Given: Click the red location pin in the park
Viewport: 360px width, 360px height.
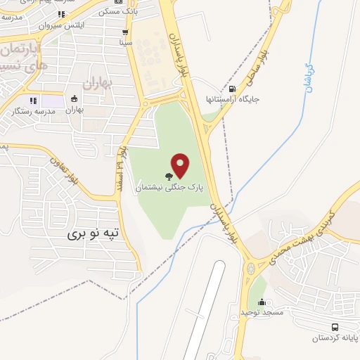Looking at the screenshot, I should click(181, 165).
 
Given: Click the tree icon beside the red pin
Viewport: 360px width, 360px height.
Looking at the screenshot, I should click(168, 177).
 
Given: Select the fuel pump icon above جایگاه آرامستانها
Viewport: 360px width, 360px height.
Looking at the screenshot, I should click(233, 89).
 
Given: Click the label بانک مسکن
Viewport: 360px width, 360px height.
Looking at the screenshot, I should click(114, 12).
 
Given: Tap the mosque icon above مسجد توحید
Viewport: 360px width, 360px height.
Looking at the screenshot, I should click(262, 302).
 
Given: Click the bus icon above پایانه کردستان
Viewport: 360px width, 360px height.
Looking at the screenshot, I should click(335, 327).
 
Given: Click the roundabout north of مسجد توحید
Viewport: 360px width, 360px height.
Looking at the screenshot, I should click(251, 269).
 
